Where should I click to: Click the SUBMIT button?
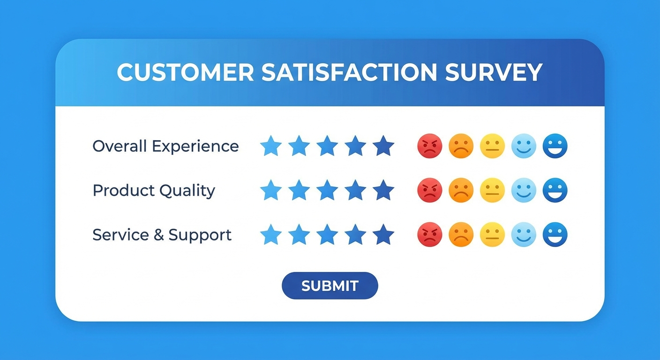[330, 285]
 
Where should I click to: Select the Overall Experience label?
[165, 146]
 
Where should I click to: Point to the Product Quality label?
[154, 190]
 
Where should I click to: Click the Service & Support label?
[162, 234]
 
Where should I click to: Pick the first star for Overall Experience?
[271, 146]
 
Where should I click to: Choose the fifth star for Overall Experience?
[383, 146]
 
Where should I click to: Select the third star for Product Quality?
[327, 190]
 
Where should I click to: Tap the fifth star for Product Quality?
[383, 190]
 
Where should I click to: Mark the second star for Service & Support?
[299, 234]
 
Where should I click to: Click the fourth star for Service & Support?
[355, 234]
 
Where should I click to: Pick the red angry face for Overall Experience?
[429, 146]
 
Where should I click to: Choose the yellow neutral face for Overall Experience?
[492, 146]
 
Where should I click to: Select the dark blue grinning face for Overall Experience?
[555, 146]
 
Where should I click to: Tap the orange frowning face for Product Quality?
[461, 190]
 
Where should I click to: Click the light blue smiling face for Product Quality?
[524, 190]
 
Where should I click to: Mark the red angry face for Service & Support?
[429, 234]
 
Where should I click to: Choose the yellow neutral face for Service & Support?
[492, 234]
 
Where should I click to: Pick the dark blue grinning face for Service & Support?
[555, 234]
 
